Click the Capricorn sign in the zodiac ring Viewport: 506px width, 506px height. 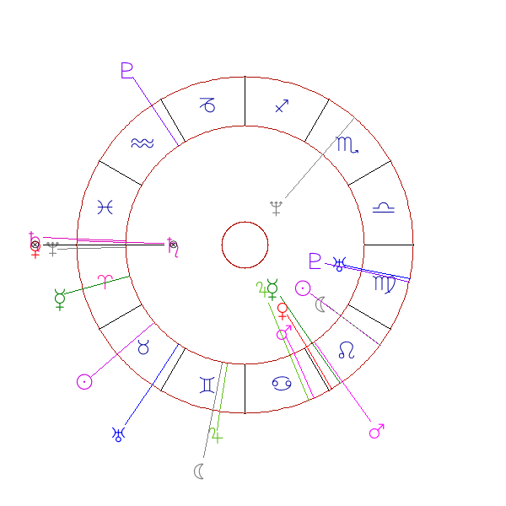click(207, 105)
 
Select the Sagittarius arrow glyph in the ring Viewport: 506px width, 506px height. click(283, 106)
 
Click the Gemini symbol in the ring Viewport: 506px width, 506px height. click(207, 385)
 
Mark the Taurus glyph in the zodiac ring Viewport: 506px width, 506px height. click(143, 347)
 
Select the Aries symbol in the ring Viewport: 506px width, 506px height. click(106, 282)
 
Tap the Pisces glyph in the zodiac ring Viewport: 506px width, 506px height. click(105, 207)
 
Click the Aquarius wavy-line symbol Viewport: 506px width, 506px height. click(143, 143)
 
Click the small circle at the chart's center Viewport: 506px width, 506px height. click(245, 245)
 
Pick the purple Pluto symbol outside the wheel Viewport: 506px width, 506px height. click(127, 71)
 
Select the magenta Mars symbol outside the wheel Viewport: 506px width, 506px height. click(377, 432)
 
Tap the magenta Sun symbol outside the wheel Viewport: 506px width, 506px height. click(83, 381)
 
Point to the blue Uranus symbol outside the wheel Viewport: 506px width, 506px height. click(117, 434)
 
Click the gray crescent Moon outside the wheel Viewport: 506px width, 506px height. click(199, 471)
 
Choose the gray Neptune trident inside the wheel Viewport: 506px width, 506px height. click(275, 207)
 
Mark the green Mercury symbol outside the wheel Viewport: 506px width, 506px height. click(60, 298)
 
